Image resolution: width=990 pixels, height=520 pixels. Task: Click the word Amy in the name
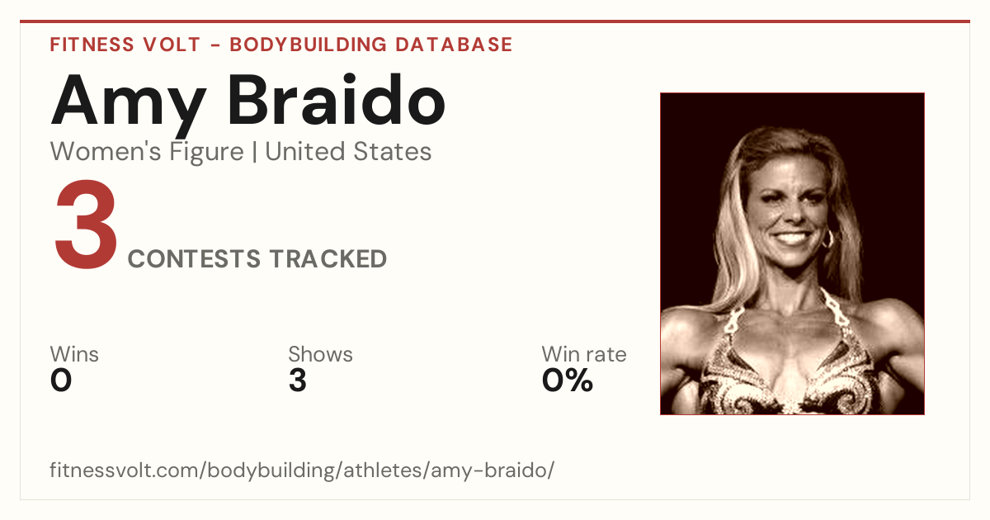coord(129,106)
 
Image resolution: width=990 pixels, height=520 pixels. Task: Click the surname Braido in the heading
coord(337,99)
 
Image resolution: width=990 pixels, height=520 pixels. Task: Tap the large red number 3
coord(86,224)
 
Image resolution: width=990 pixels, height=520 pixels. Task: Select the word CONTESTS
coord(194,258)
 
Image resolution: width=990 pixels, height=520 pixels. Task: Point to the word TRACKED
coord(328,258)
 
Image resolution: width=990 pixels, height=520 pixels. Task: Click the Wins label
coord(74,354)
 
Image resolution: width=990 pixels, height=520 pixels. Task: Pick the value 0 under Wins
coord(61,381)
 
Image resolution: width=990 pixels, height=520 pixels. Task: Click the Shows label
coord(320,354)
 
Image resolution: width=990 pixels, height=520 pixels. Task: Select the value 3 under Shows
coord(298,381)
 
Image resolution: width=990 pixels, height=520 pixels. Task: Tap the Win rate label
coord(584,354)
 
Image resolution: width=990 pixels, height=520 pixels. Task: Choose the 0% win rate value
coord(567,381)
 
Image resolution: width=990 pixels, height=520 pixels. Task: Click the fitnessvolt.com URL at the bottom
coord(302,470)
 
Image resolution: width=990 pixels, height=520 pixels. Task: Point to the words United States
coord(348,151)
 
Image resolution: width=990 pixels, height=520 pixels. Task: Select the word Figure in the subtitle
coord(207,153)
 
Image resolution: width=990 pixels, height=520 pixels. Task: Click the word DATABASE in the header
coord(454,45)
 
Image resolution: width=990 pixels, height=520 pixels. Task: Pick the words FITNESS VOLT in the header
coord(125,45)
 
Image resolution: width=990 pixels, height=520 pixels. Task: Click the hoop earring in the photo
coord(827,239)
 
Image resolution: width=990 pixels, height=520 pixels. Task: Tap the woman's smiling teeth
coord(791,239)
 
